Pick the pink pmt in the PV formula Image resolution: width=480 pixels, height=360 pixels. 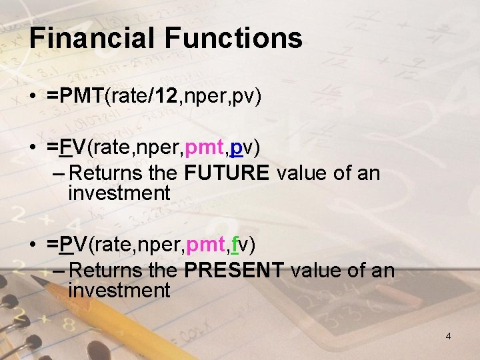(205, 245)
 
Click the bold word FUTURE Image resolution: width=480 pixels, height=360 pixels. (227, 173)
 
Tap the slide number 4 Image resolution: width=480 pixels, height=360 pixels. (448, 336)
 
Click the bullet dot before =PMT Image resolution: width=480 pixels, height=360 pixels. (33, 98)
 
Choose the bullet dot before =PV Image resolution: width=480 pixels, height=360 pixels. (33, 245)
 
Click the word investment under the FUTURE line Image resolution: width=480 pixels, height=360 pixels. (119, 193)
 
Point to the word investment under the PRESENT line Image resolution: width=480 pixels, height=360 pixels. (119, 291)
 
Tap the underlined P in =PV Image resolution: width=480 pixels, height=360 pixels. (65, 245)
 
